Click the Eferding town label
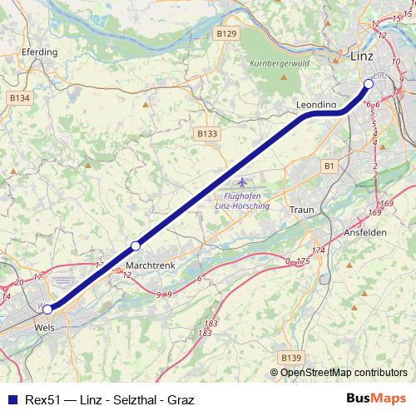(x=42, y=52)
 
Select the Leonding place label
(x=316, y=105)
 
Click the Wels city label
(x=46, y=328)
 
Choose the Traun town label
(x=302, y=210)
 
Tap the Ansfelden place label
(x=365, y=233)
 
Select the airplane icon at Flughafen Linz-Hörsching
(x=242, y=182)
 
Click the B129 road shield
(x=225, y=33)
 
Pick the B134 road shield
(x=20, y=97)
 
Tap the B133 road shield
(x=207, y=133)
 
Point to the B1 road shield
(x=329, y=166)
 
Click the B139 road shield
(x=290, y=357)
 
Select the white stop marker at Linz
(x=369, y=83)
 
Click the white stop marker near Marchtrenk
(x=136, y=245)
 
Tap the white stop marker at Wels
(x=47, y=309)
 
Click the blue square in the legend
(x=12, y=400)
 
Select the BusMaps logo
(x=376, y=399)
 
